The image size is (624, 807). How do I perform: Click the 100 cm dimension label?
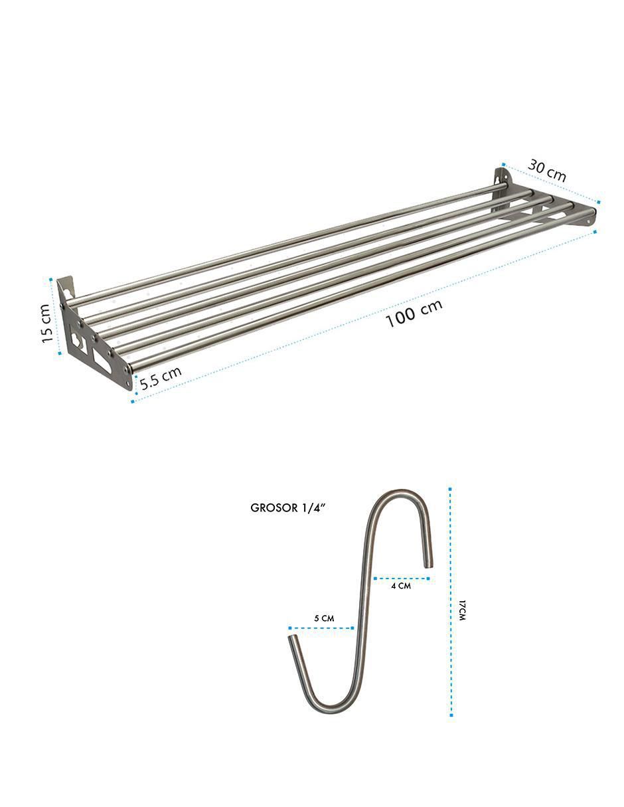point(414,313)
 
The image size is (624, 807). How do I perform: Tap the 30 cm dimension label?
point(547,171)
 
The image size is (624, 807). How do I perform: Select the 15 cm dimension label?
point(46,323)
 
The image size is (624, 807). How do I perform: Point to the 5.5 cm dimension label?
point(161,377)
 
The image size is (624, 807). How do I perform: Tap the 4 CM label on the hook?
point(401,586)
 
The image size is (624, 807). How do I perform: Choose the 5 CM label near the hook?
point(324,618)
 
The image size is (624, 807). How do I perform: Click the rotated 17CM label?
point(461,610)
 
